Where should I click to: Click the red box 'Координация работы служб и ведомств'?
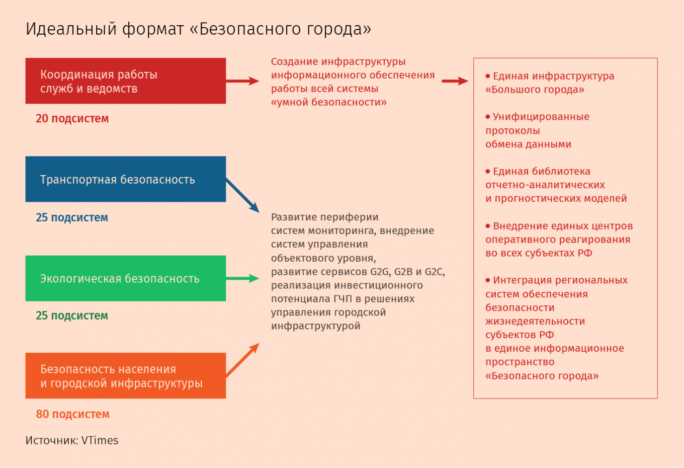coord(126,81)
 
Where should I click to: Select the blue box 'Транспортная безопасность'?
coord(126,179)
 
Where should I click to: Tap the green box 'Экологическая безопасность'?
coord(126,278)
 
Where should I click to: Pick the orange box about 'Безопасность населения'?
coord(126,376)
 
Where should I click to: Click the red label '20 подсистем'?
coord(72,119)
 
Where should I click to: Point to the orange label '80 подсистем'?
coord(72,414)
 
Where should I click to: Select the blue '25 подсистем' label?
coord(72,217)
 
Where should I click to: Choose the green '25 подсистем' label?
coord(72,316)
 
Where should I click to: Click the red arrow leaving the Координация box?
coord(242,81)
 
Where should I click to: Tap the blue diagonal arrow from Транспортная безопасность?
coord(242,195)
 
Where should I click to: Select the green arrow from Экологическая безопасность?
coord(242,278)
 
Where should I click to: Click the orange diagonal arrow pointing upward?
coord(242,360)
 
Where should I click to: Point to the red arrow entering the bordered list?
coord(455,81)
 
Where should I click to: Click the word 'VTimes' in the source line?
coord(100,440)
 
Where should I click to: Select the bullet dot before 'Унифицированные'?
coord(488,117)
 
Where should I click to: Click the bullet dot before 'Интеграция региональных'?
coord(488,280)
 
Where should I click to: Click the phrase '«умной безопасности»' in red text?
coord(328,102)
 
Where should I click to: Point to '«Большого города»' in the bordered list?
coord(535,90)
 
